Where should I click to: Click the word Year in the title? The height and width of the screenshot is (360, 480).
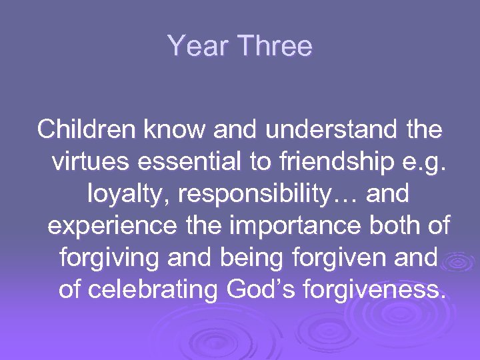(x=198, y=47)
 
